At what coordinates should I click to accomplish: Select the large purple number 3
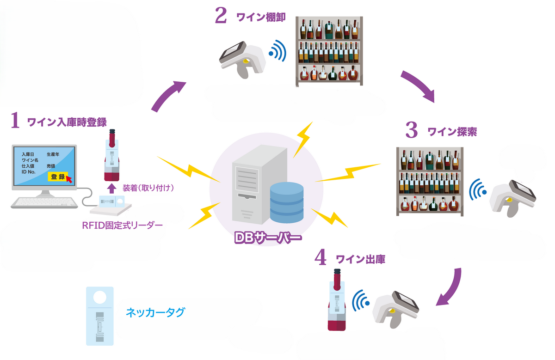(411, 130)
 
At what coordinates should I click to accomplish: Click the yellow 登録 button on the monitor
(58, 177)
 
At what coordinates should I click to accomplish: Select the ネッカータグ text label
(155, 312)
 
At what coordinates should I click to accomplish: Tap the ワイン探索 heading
(452, 132)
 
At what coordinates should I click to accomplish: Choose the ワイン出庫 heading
(361, 259)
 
